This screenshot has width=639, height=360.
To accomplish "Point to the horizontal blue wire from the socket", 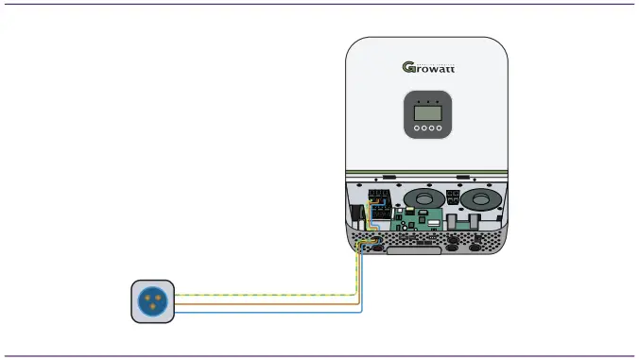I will pyautogui.click(x=265, y=310).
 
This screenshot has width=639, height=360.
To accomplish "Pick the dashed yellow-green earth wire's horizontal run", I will pyautogui.click(x=265, y=295).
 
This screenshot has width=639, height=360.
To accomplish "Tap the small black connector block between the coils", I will pyautogui.click(x=452, y=198).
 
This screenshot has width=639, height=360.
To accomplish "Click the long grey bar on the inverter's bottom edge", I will pyautogui.click(x=413, y=249).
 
